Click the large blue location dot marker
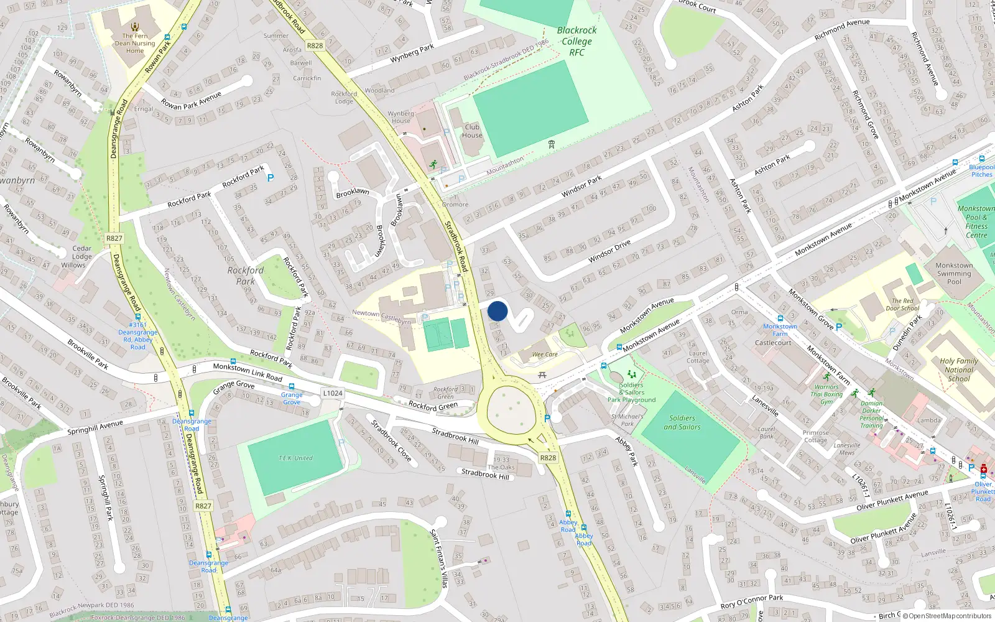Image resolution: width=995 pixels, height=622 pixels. coord(497,311)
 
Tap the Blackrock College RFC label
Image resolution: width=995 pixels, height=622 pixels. coord(576,41)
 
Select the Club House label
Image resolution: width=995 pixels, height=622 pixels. coord(472,131)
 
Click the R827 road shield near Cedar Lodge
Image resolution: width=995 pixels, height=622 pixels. coord(114,238)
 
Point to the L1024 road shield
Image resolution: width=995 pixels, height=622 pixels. coord(333,393)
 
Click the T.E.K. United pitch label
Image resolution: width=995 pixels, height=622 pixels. coord(295,458)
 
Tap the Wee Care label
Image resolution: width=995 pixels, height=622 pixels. coord(545,355)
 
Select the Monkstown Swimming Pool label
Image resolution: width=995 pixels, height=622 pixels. coord(954,274)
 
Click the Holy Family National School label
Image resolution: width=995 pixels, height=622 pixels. coord(958,369)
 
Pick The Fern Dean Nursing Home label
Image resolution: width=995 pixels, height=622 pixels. coord(135,44)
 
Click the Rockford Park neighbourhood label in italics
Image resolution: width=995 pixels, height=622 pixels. coord(246,276)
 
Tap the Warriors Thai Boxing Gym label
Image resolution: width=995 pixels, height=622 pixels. coord(826,394)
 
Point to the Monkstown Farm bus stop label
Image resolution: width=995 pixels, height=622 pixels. coord(780,330)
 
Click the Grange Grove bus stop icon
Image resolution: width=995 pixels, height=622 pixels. coord(292,386)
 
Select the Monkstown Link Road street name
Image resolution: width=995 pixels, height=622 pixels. coord(248,372)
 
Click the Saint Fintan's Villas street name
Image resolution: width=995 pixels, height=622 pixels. coord(439,558)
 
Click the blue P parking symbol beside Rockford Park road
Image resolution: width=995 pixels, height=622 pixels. coord(271,178)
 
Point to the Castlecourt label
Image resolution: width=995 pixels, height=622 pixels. coord(773,343)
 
